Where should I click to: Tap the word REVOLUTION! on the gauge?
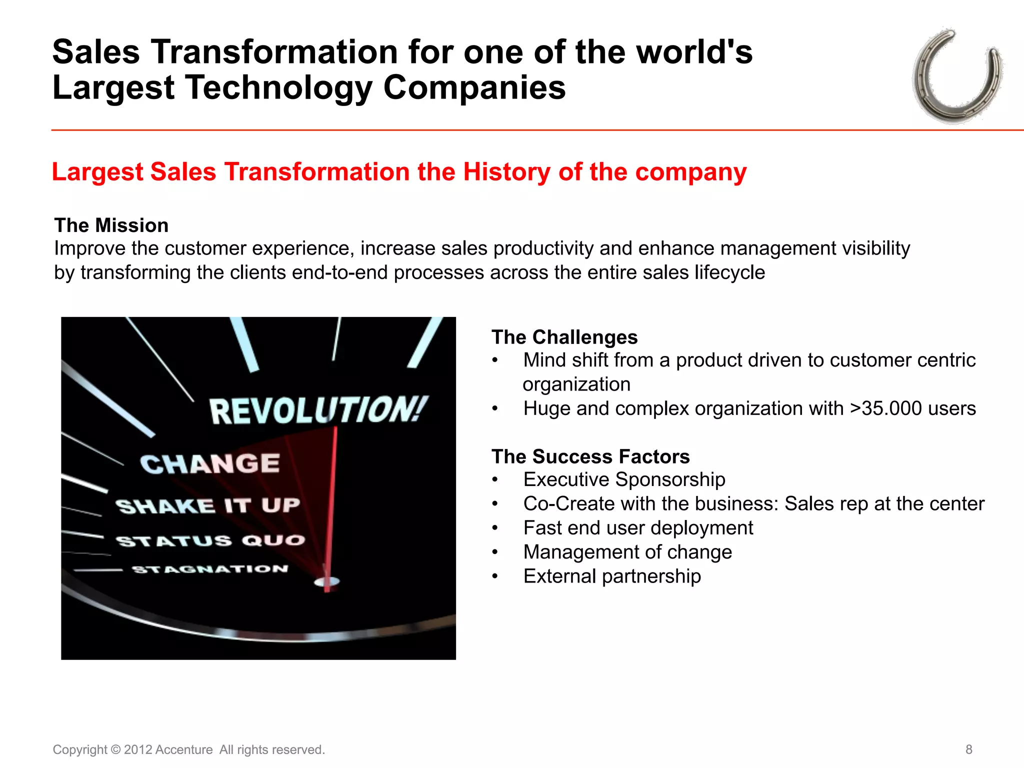[x=318, y=411]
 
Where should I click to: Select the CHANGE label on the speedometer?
[x=209, y=464]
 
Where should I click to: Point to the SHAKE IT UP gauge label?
[x=207, y=505]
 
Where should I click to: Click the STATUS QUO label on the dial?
[x=210, y=540]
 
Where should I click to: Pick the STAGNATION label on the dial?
[x=210, y=569]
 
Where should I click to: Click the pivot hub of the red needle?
[x=327, y=581]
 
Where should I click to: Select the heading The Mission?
[x=111, y=225]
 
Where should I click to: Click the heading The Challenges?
[x=564, y=337]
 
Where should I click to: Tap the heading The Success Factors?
[x=590, y=457]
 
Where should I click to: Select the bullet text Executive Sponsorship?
[x=624, y=479]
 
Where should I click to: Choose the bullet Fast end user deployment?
[x=638, y=528]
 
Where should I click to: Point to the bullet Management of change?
[x=627, y=552]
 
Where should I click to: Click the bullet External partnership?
[x=612, y=576]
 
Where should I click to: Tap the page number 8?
[x=968, y=749]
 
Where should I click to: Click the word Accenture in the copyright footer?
[x=184, y=750]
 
